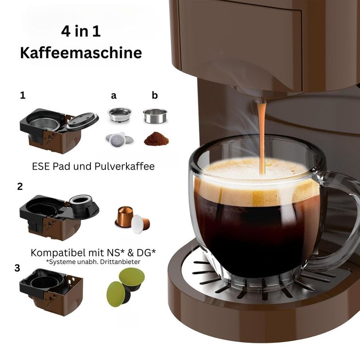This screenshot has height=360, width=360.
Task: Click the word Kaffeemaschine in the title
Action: [81, 53]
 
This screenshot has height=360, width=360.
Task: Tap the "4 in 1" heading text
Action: [81, 31]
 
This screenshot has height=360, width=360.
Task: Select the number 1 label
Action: [22, 95]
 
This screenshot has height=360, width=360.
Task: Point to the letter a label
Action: [114, 95]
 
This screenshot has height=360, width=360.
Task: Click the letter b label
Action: [155, 95]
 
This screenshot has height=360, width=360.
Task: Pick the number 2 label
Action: [20, 186]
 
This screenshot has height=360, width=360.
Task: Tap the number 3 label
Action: [17, 268]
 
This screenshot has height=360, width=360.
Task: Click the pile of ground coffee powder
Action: [156, 139]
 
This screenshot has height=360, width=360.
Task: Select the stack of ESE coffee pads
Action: [119, 139]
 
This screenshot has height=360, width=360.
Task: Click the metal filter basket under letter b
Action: [155, 116]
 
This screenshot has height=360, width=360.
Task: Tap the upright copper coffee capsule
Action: [124, 216]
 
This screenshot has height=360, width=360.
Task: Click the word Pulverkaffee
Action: [125, 166]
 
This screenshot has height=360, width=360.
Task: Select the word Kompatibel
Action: [58, 253]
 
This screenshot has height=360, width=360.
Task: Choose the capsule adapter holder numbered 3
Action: [51, 292]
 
